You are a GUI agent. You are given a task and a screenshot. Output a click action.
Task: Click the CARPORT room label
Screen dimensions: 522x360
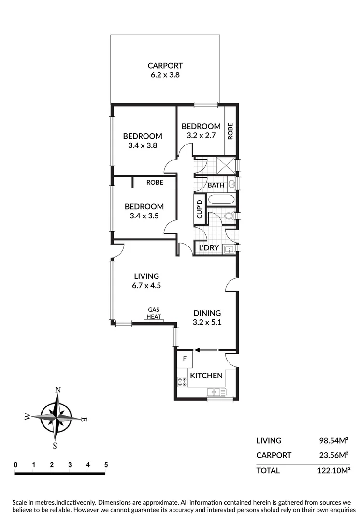click(x=165, y=66)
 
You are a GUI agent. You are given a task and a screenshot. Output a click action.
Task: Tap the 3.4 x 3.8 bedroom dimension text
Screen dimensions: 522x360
click(x=143, y=145)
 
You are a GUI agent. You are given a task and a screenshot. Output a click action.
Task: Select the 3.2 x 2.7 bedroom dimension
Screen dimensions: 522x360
click(x=201, y=136)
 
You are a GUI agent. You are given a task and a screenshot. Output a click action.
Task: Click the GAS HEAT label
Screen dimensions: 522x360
click(x=154, y=313)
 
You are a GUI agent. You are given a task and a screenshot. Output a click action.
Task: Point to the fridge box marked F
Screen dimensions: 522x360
click(x=185, y=359)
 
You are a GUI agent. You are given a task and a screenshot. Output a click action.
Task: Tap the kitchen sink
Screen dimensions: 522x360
click(x=216, y=392)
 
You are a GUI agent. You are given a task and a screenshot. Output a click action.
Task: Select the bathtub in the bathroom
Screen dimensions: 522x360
click(x=221, y=200)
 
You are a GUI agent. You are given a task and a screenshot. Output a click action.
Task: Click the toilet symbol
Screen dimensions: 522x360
click(x=230, y=216)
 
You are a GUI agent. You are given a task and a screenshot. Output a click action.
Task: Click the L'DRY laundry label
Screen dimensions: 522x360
click(x=209, y=248)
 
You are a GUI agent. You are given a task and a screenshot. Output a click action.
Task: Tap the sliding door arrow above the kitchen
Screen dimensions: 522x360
click(x=205, y=351)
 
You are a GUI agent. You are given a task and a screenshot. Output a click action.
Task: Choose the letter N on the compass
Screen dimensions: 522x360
click(x=58, y=390)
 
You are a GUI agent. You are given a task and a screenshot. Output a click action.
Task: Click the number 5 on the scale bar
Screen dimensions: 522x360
click(x=106, y=465)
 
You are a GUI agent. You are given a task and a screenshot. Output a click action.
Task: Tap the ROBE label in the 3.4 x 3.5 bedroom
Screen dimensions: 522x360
click(x=155, y=183)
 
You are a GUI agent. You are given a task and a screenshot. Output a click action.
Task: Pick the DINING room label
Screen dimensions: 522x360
click(x=207, y=313)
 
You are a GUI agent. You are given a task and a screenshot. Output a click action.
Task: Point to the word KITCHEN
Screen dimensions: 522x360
click(x=206, y=376)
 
